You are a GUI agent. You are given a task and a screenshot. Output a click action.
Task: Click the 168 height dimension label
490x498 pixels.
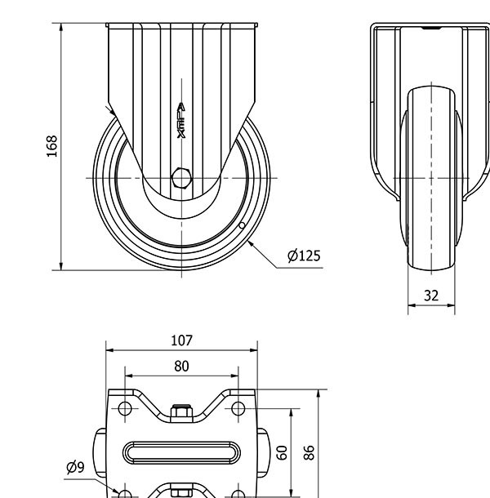(51, 146)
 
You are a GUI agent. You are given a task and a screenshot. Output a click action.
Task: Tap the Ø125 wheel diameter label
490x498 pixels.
(304, 256)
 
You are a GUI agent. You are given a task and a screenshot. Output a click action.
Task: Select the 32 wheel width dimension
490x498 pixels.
(431, 296)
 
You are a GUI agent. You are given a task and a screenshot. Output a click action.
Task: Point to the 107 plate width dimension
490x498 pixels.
(182, 340)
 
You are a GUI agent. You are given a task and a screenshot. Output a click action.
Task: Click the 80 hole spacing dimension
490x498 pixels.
(181, 367)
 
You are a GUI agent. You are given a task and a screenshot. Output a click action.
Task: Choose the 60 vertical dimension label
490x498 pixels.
(283, 452)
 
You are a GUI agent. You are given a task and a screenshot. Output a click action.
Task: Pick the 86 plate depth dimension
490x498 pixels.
(309, 452)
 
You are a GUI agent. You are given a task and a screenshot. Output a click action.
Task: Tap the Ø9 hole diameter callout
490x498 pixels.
(75, 467)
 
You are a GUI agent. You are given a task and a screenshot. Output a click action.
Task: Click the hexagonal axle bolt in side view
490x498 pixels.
(181, 178)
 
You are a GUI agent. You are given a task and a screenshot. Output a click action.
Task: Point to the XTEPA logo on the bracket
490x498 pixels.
(181, 120)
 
